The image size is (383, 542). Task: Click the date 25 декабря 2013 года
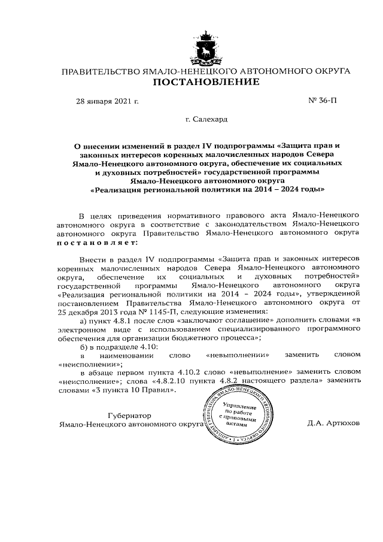(90, 311)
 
